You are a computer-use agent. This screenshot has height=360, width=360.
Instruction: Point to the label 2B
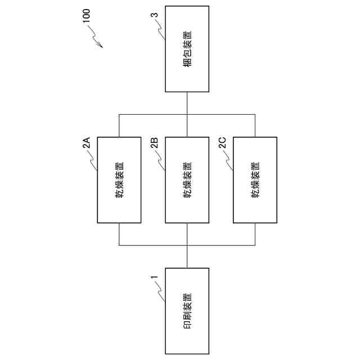(154, 143)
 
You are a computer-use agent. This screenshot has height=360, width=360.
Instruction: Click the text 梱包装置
(187, 48)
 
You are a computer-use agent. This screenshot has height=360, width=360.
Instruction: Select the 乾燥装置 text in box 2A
(119, 180)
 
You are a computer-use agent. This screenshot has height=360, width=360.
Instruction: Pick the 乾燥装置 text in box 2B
(187, 180)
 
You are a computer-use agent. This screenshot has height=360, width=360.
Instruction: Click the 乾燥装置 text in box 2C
(255, 180)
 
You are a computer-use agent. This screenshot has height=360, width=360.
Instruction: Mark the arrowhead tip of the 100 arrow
(102, 47)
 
